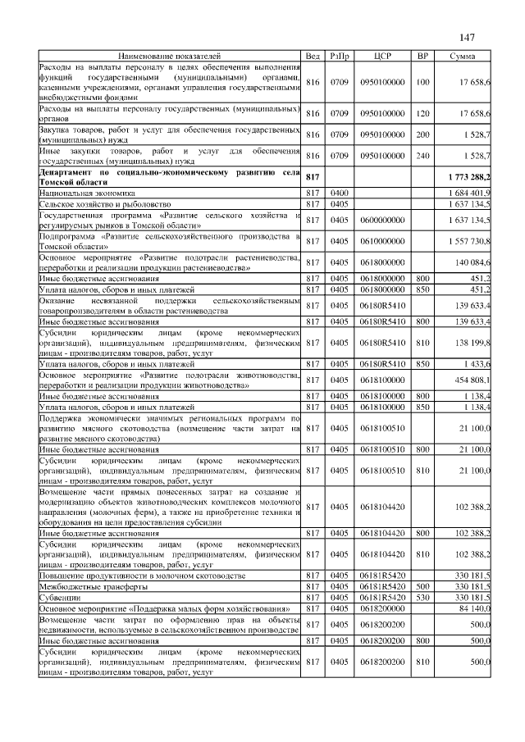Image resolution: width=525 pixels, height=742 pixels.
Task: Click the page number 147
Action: pyautogui.click(x=468, y=37)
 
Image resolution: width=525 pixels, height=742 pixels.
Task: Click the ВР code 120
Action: pyautogui.click(x=422, y=112)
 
